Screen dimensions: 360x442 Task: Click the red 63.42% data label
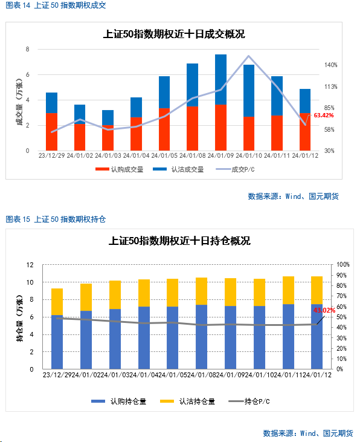tap(324, 115)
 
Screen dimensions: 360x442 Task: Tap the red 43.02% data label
tap(324, 310)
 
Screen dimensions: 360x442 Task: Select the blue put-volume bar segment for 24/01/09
tap(220, 79)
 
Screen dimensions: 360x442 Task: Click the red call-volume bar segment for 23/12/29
tap(51, 132)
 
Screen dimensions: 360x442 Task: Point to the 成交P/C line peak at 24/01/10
tap(248, 56)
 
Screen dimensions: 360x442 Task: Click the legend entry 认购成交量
tap(120, 169)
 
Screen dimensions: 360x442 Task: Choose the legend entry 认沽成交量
tap(178, 169)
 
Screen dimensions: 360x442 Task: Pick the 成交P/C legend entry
tap(235, 169)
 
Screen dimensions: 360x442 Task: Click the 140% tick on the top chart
tap(330, 65)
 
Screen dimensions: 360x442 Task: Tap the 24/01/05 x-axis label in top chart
tap(164, 155)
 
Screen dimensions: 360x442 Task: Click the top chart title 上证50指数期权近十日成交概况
tap(174, 34)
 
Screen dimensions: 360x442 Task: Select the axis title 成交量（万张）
tap(19, 102)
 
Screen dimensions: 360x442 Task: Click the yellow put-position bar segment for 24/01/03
tap(115, 295)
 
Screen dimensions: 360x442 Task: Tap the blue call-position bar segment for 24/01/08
tap(201, 337)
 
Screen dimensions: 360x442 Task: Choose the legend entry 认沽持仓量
tap(187, 401)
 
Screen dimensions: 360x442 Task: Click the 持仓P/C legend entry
tap(249, 401)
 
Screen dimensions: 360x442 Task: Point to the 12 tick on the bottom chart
tap(30, 265)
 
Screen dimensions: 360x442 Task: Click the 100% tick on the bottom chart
tap(343, 264)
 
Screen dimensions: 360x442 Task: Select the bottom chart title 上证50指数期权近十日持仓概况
tap(179, 241)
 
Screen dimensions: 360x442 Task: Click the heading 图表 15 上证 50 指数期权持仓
tap(56, 219)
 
